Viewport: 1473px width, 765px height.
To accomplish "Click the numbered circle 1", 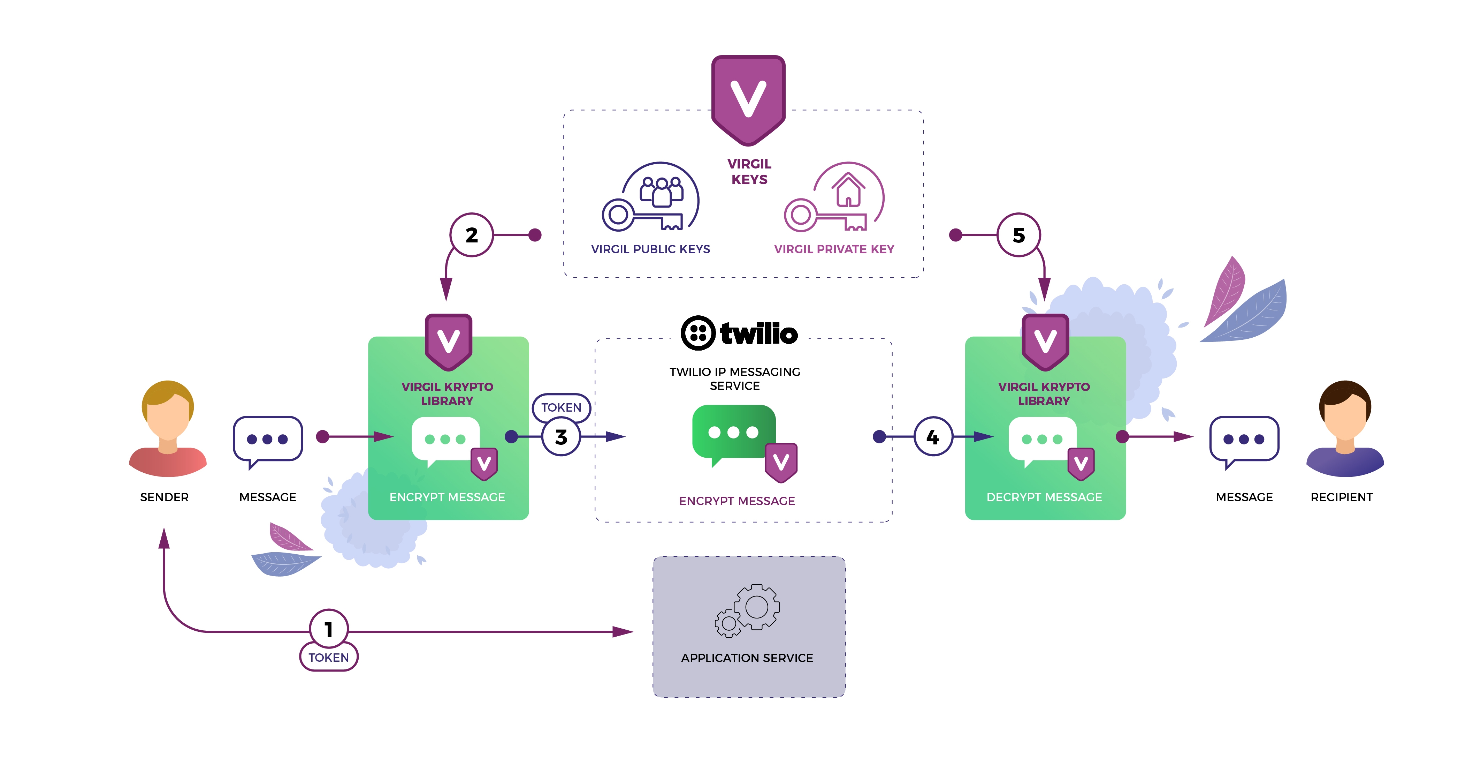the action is [329, 629].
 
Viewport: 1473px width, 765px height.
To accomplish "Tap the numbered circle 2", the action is [472, 234].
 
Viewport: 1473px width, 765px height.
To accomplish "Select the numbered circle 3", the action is [561, 437].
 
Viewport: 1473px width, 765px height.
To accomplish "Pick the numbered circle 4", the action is [933, 437].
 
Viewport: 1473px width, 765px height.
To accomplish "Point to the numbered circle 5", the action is [1019, 234].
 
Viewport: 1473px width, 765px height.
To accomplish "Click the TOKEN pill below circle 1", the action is [329, 657].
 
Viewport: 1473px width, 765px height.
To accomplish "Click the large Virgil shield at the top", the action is [748, 100].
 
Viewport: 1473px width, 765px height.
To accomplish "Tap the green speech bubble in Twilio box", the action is [734, 435].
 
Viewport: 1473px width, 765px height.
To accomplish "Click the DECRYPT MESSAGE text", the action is [1044, 497].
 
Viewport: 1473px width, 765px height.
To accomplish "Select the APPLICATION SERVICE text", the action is [747, 658].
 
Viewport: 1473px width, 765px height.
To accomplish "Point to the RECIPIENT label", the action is [1342, 497].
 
